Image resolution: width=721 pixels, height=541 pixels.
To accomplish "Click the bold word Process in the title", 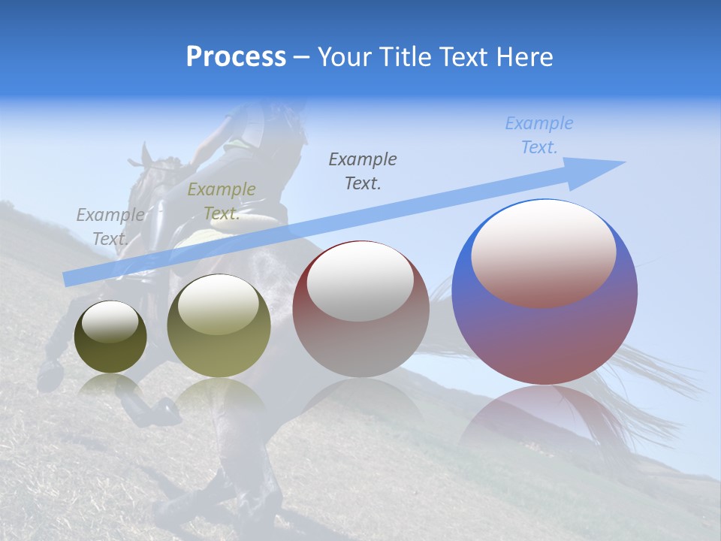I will click(236, 57).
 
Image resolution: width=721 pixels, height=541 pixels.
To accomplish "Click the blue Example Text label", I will click(538, 135).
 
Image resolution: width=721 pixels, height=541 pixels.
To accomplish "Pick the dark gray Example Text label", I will click(363, 171).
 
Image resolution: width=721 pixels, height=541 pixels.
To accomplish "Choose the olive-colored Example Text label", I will click(222, 201).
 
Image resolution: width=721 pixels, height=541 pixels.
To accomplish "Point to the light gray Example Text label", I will click(110, 227).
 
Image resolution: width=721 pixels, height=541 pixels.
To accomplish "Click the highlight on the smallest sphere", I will click(110, 322).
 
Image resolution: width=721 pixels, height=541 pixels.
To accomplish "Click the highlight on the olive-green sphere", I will click(219, 304).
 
